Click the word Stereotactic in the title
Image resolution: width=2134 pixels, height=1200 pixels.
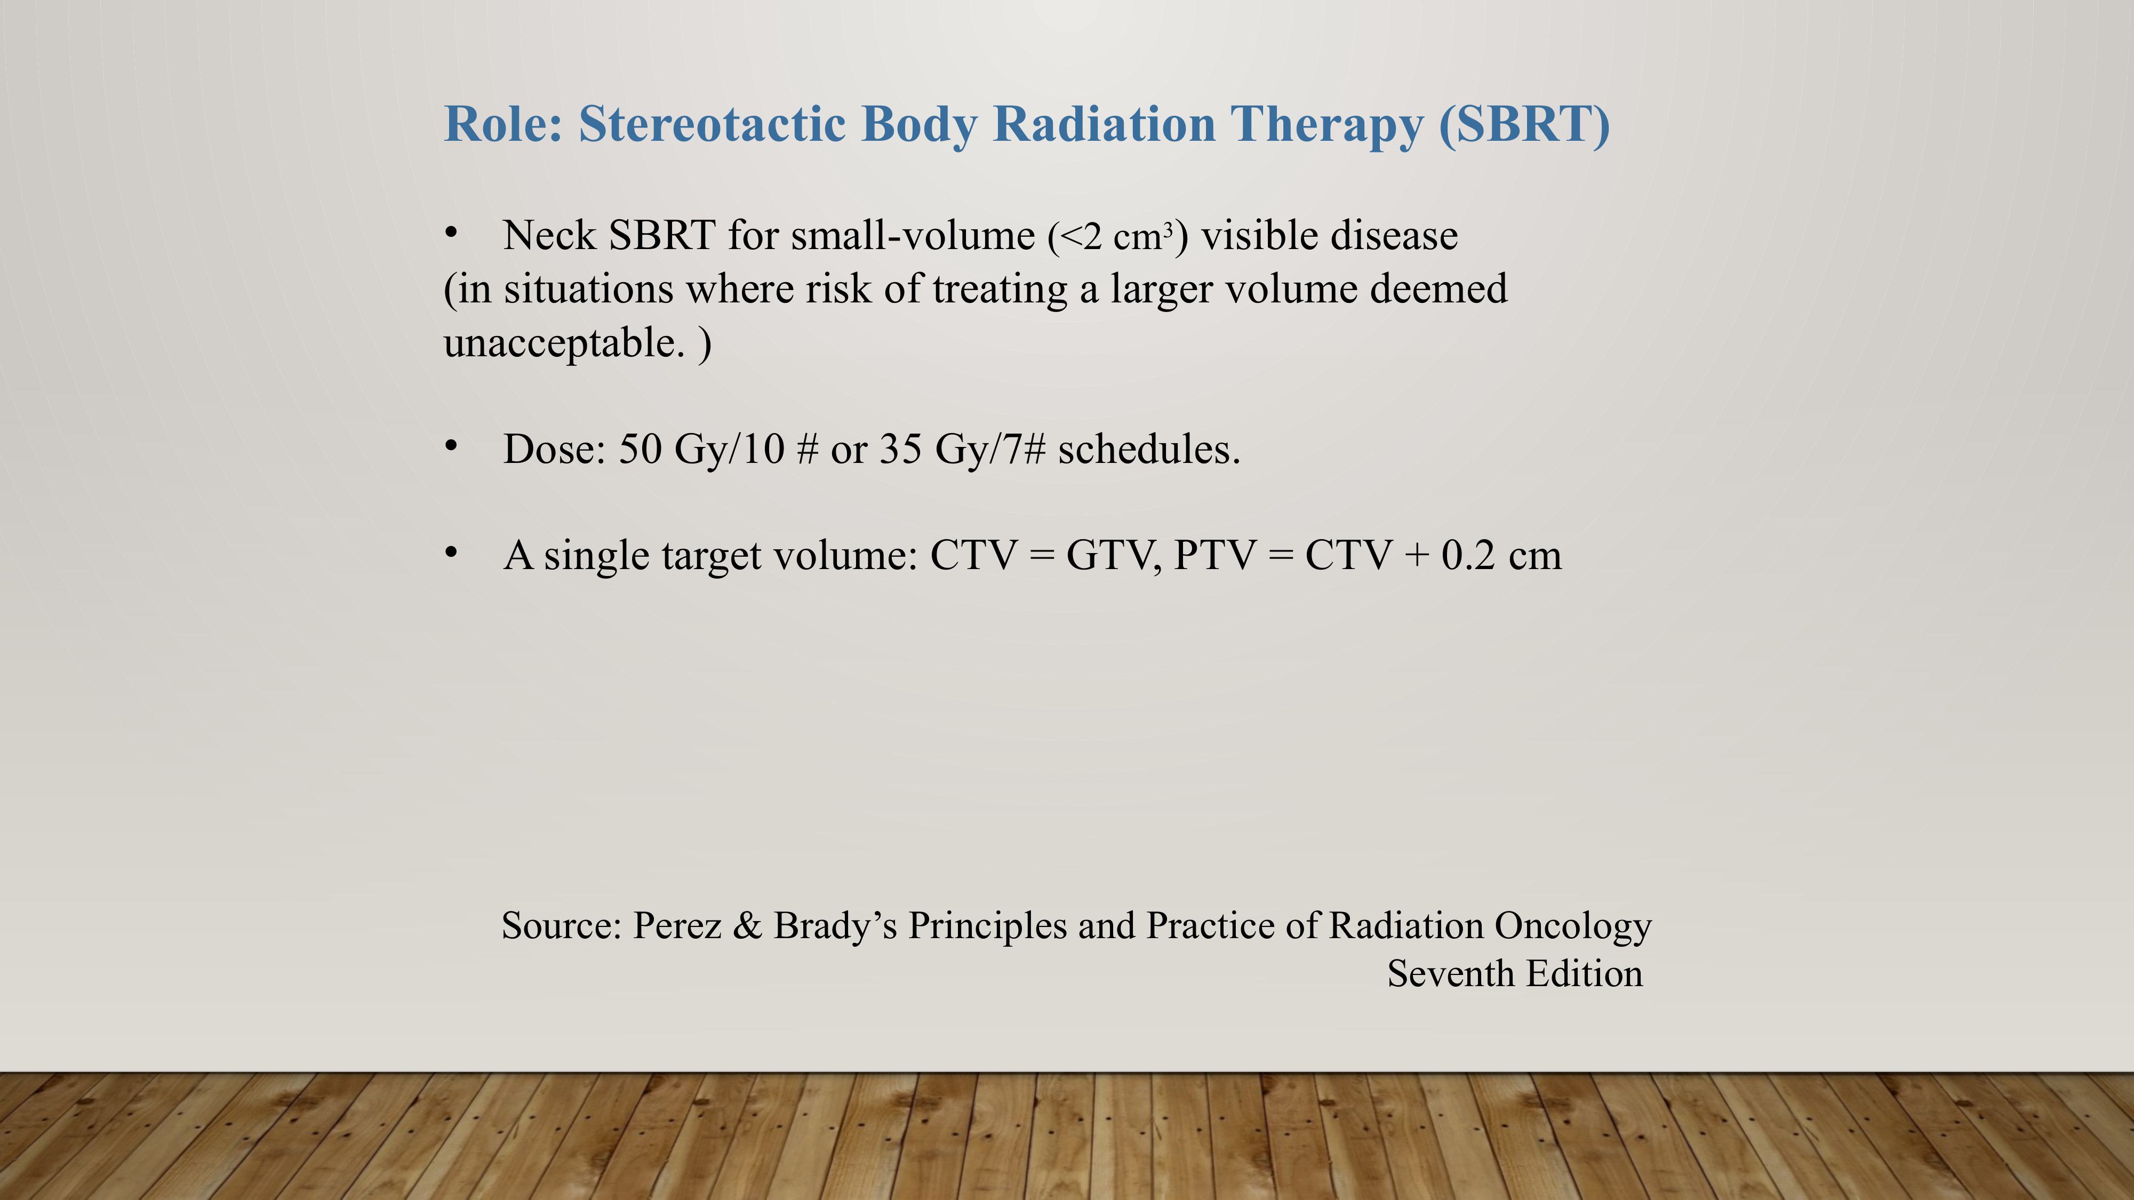(x=713, y=124)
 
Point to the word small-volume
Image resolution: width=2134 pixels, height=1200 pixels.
(x=913, y=236)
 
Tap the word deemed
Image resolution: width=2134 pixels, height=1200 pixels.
(x=1439, y=289)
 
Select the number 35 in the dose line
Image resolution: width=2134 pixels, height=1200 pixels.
(x=900, y=450)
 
